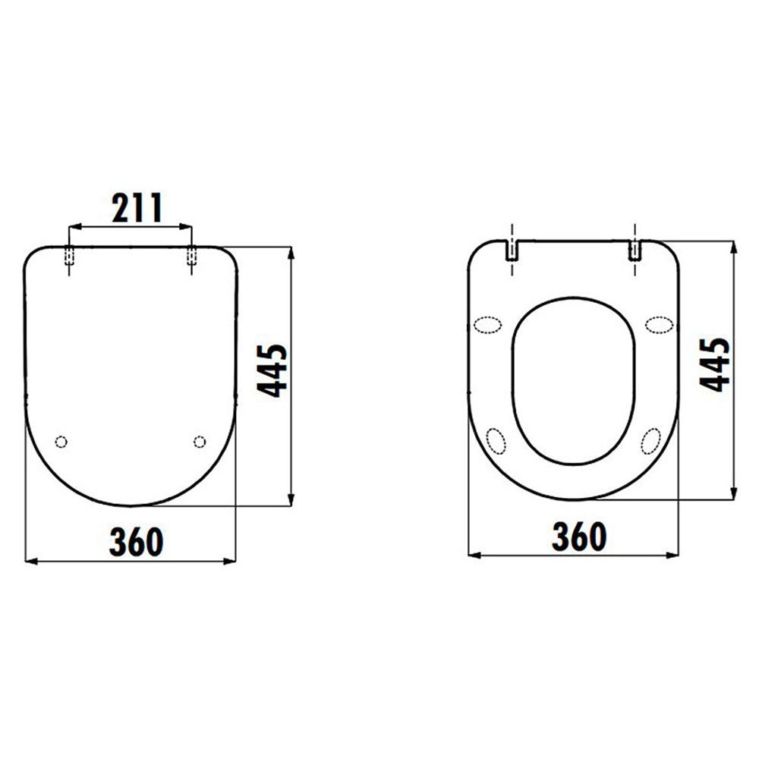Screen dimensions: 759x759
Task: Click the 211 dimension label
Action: click(137, 208)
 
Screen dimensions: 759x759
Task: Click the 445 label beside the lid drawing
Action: click(272, 371)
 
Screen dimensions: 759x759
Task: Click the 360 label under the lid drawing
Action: click(137, 542)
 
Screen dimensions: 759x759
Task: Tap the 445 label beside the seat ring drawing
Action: click(714, 364)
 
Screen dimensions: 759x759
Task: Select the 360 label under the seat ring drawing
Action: click(579, 537)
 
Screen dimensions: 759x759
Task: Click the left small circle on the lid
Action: click(61, 442)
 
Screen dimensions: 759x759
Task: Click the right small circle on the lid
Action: click(200, 442)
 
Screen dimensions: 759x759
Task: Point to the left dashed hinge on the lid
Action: click(69, 256)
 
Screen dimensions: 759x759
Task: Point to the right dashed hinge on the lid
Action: click(192, 256)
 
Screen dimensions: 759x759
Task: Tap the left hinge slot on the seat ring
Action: click(512, 250)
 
